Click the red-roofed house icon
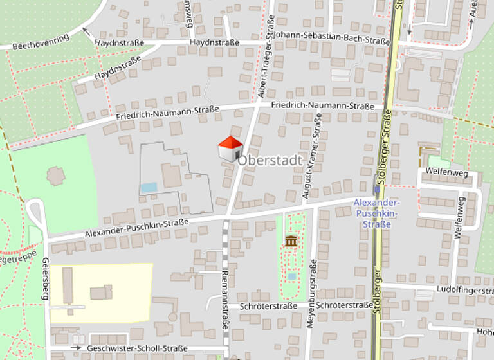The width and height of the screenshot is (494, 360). coord(230,148)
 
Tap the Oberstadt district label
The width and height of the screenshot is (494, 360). coord(270,160)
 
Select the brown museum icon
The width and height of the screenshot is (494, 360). coord(291,240)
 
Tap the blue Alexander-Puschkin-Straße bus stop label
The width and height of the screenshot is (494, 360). coord(376,213)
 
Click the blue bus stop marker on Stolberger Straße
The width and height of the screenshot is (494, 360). coord(376,190)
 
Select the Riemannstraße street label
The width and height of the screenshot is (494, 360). coord(226,299)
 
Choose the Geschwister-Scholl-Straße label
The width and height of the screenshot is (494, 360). coord(138,348)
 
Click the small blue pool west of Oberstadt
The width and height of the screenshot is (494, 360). coord(149,187)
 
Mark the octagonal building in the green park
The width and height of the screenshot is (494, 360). coord(55,175)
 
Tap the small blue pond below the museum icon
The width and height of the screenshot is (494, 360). coord(292,276)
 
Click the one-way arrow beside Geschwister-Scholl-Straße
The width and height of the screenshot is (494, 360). coord(77,348)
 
